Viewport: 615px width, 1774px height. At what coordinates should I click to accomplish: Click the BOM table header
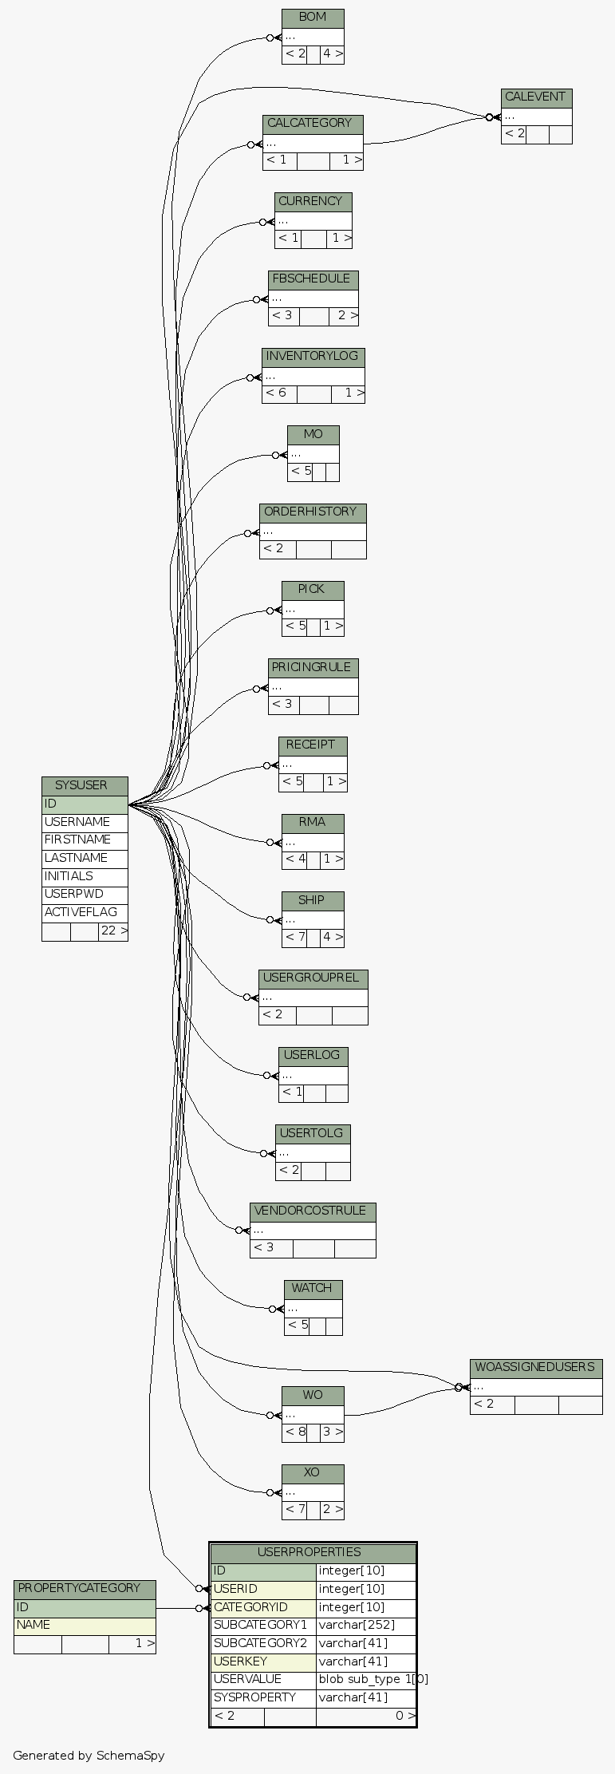[313, 18]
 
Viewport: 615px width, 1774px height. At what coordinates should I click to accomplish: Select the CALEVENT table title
[536, 97]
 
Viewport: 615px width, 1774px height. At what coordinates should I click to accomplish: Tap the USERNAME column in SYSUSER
[77, 822]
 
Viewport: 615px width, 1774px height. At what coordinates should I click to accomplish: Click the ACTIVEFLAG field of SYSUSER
[81, 912]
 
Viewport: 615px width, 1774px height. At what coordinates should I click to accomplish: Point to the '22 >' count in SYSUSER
[113, 931]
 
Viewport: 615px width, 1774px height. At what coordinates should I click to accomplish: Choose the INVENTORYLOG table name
[313, 356]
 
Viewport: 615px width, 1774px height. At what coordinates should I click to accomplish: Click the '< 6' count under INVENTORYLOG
[277, 393]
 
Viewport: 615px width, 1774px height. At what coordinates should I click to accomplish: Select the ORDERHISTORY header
[313, 512]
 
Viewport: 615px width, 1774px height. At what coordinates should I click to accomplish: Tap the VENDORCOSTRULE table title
[313, 1211]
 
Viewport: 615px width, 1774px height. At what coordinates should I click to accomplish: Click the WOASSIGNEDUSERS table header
[535, 1367]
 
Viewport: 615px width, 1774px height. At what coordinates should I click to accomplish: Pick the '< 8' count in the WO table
[295, 1432]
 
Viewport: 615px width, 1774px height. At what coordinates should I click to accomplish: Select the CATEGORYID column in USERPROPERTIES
[250, 1607]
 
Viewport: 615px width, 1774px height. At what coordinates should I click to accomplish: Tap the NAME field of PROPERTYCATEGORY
[34, 1625]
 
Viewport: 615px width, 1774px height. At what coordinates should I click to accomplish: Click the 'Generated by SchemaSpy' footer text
[89, 1756]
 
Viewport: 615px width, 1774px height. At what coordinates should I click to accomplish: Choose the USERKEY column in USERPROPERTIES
[240, 1661]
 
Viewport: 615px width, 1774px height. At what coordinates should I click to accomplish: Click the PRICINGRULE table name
[313, 667]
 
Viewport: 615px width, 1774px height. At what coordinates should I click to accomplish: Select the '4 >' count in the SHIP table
[332, 937]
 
